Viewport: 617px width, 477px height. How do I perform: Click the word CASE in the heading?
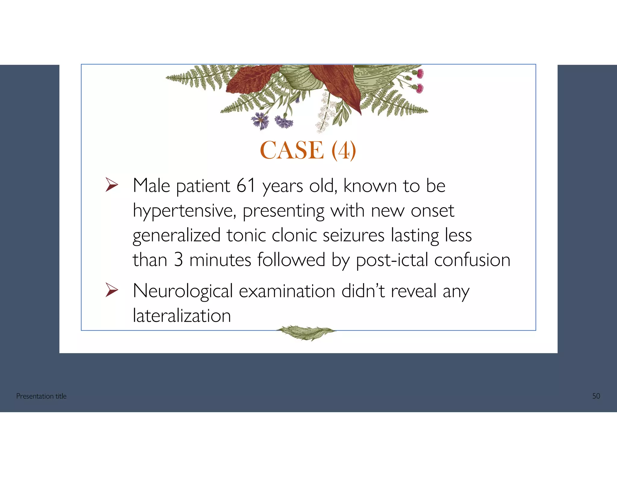click(x=292, y=150)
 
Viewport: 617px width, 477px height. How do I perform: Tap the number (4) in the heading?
click(x=344, y=150)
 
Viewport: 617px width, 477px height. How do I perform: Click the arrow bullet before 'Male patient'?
click(x=111, y=185)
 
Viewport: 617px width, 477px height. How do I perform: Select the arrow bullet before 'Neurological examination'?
click(x=111, y=290)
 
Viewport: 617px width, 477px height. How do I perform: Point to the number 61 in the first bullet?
click(x=246, y=185)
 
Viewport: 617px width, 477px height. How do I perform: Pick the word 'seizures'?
click(x=353, y=235)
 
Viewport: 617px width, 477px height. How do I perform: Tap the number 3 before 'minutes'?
click(x=178, y=260)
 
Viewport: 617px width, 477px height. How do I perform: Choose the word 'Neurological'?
click(x=183, y=292)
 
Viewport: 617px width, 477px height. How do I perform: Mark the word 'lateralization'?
click(x=182, y=316)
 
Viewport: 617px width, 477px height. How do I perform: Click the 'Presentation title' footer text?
click(x=41, y=396)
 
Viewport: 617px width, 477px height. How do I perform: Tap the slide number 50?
click(x=596, y=396)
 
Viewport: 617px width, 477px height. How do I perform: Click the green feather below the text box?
click(x=305, y=333)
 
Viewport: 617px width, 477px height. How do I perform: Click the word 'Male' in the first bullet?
click(x=151, y=185)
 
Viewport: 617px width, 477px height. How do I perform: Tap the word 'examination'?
click(x=287, y=291)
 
